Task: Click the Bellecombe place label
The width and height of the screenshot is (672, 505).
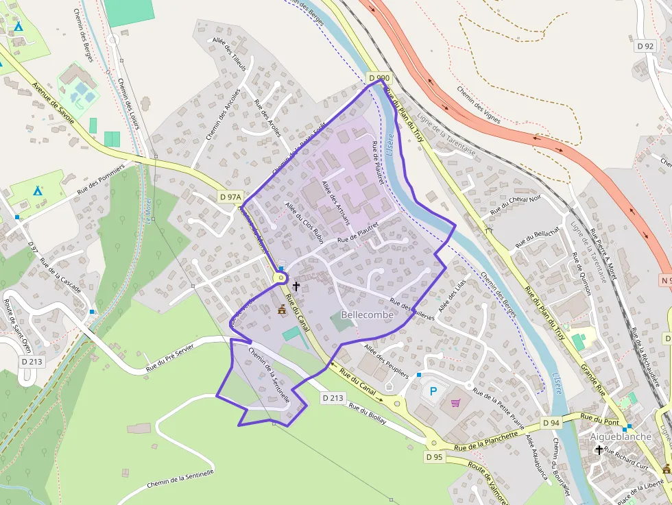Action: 367,315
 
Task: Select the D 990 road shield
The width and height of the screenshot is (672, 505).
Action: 379,79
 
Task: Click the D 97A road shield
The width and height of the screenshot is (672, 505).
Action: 231,197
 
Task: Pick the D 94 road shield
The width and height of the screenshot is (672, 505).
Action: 550,423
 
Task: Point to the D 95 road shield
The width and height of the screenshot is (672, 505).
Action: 434,456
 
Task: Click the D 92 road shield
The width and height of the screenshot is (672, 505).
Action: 645,46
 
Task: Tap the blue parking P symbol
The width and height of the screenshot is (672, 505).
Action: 433,391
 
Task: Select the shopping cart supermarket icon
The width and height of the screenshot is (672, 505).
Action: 455,402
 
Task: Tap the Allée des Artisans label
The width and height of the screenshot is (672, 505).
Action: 336,203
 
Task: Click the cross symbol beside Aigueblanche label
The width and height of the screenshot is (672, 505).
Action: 599,450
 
